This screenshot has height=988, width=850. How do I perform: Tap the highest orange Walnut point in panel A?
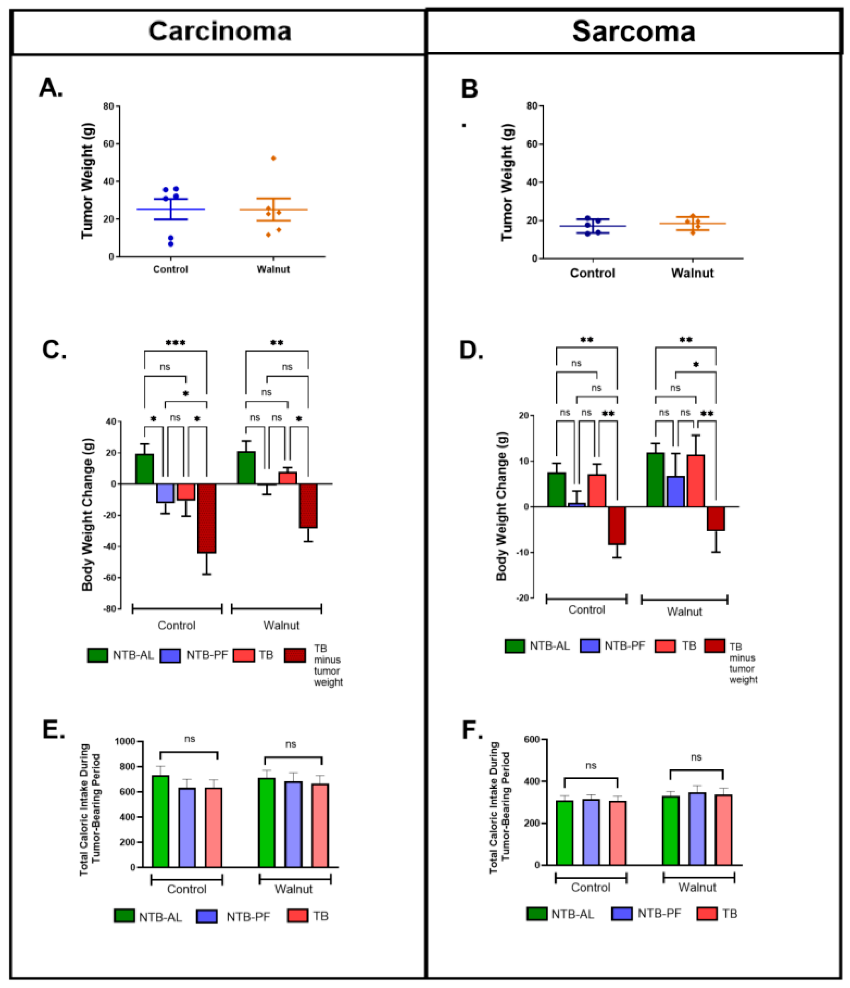[273, 158]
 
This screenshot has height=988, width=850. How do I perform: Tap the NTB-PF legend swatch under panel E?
[207, 916]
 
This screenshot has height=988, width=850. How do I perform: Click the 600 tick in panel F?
[532, 739]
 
